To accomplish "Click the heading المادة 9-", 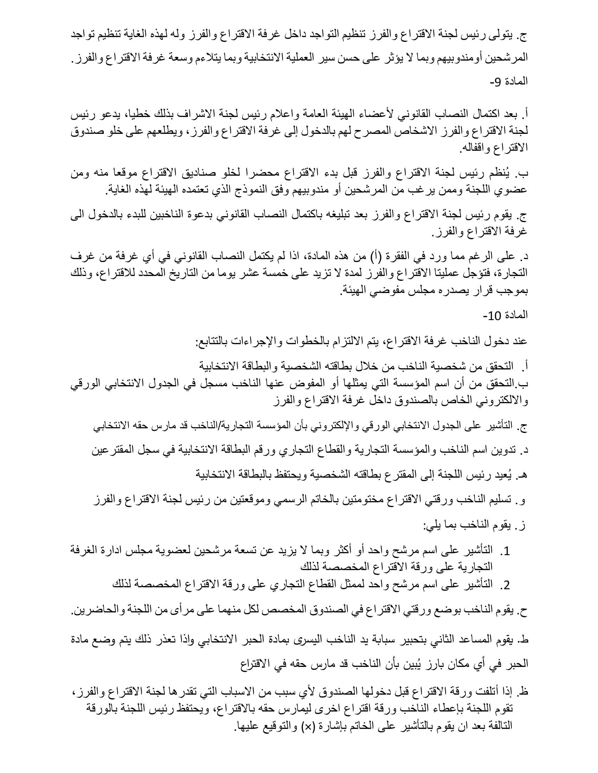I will tap(509, 82).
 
